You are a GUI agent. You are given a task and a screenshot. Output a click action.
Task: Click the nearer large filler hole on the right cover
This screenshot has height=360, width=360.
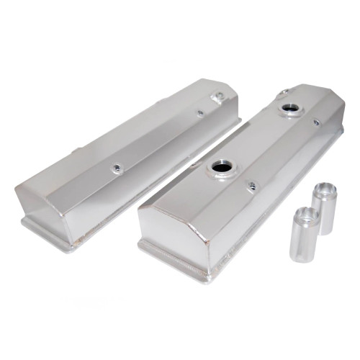click(x=220, y=171)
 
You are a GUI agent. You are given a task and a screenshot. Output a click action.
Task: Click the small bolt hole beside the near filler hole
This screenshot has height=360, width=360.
click(x=251, y=186)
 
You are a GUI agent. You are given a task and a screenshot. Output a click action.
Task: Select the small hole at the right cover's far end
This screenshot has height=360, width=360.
click(x=286, y=91)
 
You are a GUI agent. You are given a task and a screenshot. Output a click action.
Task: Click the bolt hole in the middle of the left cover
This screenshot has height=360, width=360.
click(x=116, y=168)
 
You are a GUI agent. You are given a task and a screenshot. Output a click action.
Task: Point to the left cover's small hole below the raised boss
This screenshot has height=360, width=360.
click(x=200, y=113)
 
